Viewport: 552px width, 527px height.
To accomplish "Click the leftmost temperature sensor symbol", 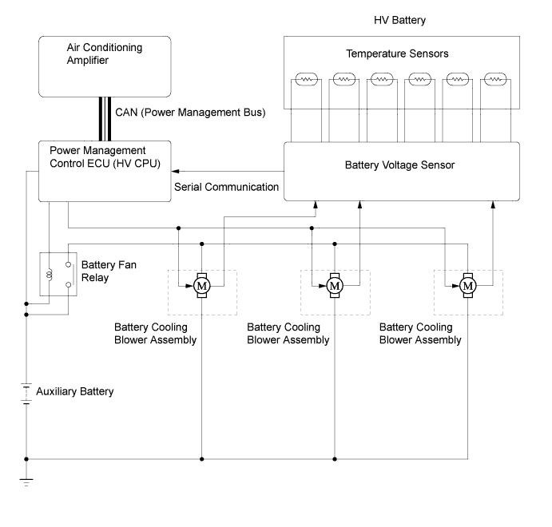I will click(307, 80).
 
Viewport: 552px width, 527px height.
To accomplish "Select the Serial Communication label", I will click(226, 188).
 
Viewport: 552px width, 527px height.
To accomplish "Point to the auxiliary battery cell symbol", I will click(26, 393).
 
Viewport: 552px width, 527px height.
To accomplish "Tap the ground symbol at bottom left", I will click(26, 481).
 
